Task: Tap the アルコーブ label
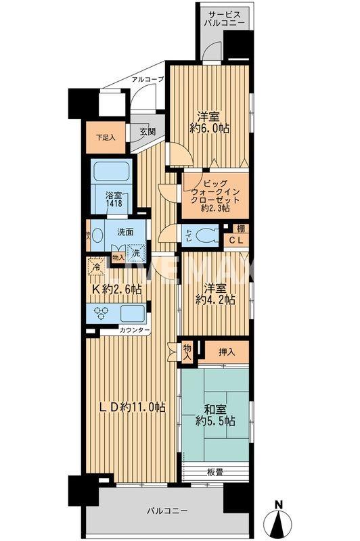coord(148,78)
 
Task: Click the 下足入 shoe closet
coord(105,137)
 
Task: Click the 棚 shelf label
coord(240,229)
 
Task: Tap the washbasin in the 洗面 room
coord(97,237)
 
